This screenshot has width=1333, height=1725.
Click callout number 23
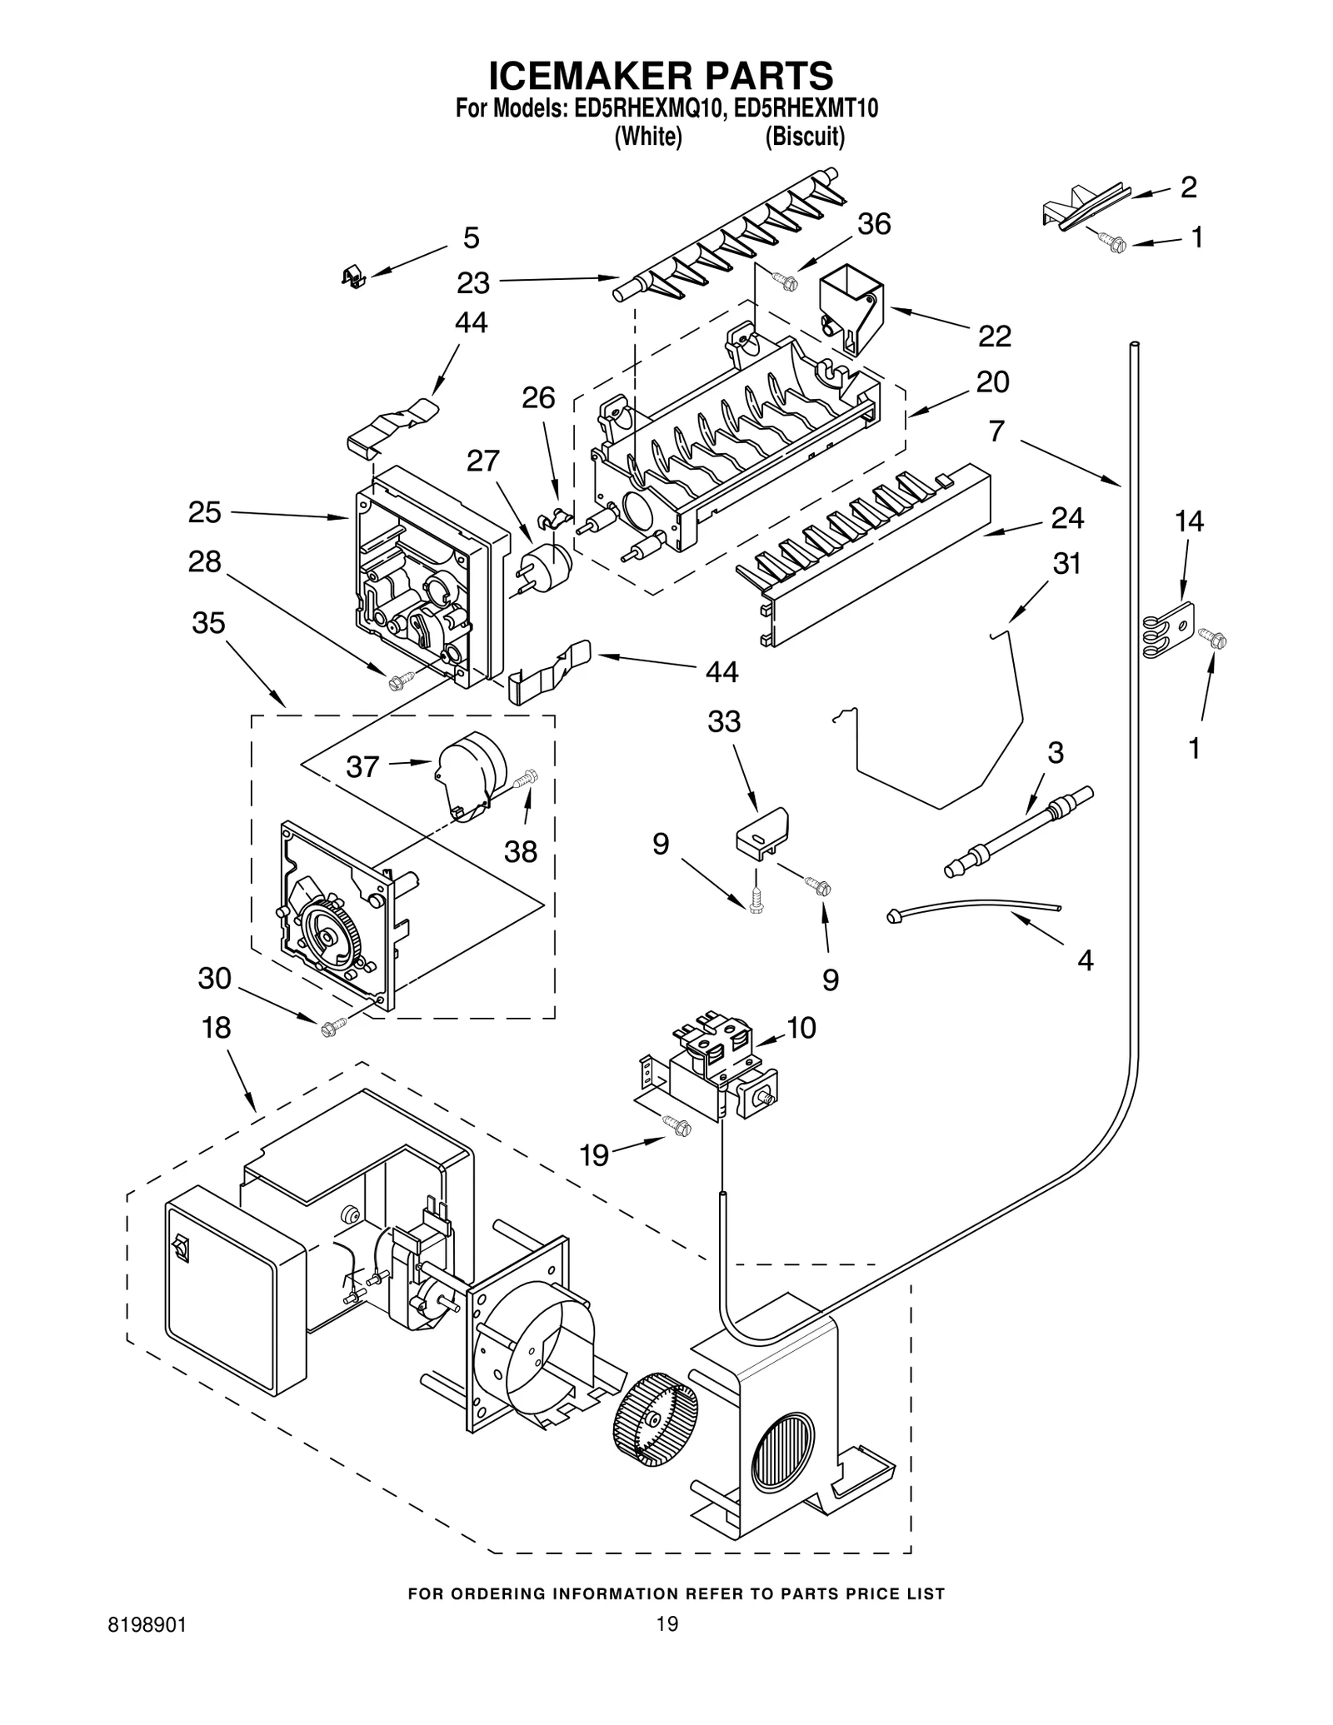(x=472, y=283)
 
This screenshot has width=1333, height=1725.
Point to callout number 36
(x=873, y=224)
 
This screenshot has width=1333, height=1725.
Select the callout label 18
(x=216, y=1028)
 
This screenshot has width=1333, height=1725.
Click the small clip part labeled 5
(x=353, y=277)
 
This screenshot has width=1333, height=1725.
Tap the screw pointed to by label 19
(x=677, y=1126)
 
